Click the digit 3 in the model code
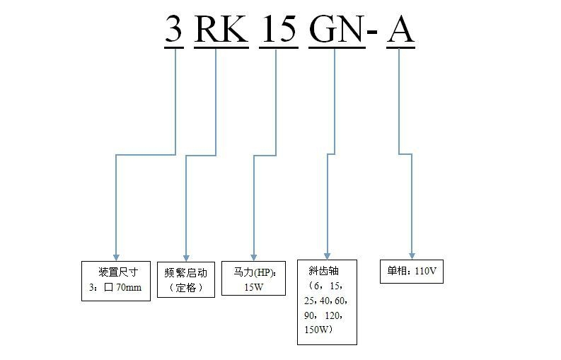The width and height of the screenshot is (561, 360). [x=174, y=30]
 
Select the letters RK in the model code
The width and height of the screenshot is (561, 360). [x=221, y=30]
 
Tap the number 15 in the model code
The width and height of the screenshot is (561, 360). [x=279, y=30]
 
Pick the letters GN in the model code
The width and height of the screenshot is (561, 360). [x=335, y=30]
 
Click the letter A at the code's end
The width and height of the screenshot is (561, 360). [x=400, y=30]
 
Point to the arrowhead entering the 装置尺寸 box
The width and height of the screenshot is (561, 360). [x=115, y=255]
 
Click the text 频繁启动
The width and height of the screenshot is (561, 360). [x=185, y=273]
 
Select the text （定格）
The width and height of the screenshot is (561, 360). [x=185, y=288]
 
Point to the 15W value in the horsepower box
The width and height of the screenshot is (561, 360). [x=253, y=287]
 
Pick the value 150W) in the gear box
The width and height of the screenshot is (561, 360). [x=320, y=330]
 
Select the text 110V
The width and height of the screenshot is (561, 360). [x=427, y=271]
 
